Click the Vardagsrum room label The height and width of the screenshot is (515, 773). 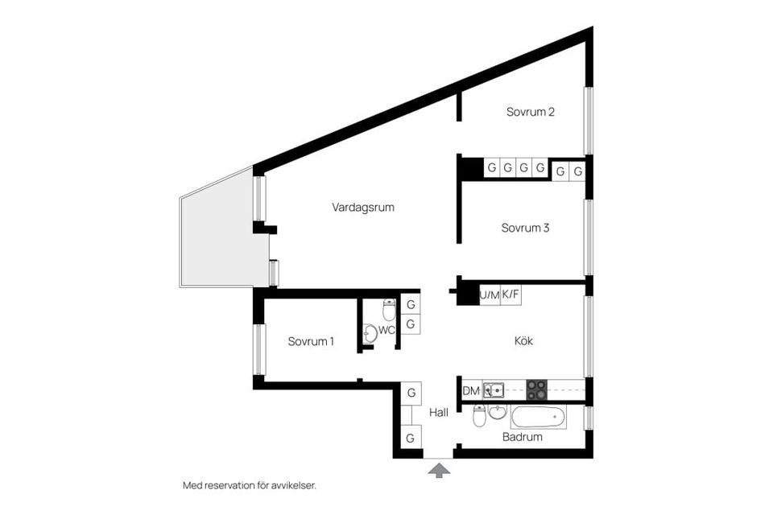pyautogui.click(x=362, y=207)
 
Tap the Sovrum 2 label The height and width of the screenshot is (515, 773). pyautogui.click(x=530, y=112)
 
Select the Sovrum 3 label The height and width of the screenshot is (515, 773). pyautogui.click(x=525, y=228)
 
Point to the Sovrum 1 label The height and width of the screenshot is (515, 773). pyautogui.click(x=311, y=341)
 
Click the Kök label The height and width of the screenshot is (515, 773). pyautogui.click(x=523, y=341)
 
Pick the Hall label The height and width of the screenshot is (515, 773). pyautogui.click(x=439, y=412)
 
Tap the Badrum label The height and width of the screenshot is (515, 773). pyautogui.click(x=522, y=437)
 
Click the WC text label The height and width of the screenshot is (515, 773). pyautogui.click(x=386, y=330)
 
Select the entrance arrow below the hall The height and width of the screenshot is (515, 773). pyautogui.click(x=439, y=469)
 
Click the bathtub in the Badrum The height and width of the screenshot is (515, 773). pyautogui.click(x=538, y=417)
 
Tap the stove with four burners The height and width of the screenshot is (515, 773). pyautogui.click(x=537, y=390)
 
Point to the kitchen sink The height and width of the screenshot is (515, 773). pyautogui.click(x=494, y=391)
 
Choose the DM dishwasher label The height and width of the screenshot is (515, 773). pyautogui.click(x=471, y=391)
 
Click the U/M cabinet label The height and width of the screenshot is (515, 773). pyautogui.click(x=489, y=295)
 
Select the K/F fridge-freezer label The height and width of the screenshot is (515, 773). pyautogui.click(x=511, y=295)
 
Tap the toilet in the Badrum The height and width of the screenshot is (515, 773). pyautogui.click(x=479, y=416)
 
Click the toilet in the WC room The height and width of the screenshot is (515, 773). pyautogui.click(x=389, y=309)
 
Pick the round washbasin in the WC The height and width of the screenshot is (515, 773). pyautogui.click(x=369, y=332)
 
